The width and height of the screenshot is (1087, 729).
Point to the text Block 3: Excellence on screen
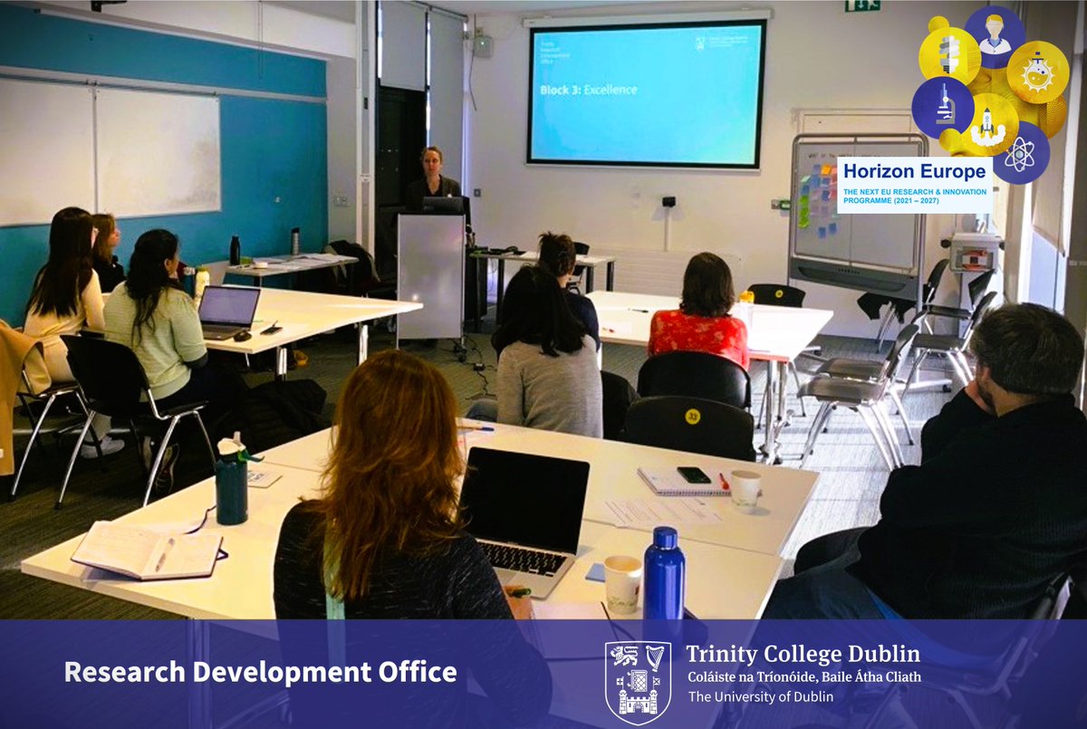coord(588,90)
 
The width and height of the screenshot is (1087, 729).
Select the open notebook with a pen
coord(147,551)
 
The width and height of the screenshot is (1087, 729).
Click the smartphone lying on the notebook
coord(694,475)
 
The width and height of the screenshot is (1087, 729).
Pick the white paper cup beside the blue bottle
coord(622,583)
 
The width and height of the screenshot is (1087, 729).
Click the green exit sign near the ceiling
coord(862,5)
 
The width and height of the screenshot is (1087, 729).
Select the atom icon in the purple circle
coord(1020,154)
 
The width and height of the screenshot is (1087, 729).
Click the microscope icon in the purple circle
coord(943,107)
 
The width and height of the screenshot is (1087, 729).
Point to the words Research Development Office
coord(260,672)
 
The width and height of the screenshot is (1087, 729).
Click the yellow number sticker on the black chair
coord(693,417)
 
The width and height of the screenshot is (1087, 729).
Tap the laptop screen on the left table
coord(228,306)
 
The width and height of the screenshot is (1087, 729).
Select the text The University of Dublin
coord(761,696)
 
